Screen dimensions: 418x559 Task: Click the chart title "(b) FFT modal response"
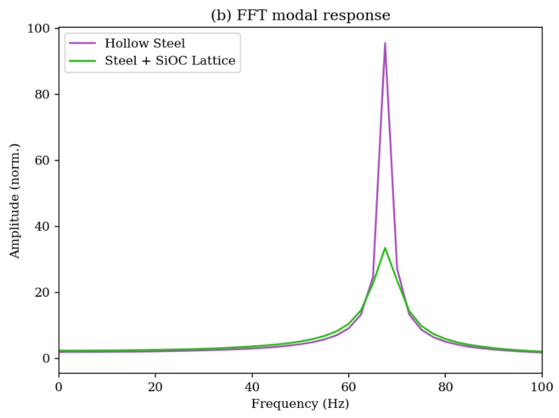tap(300, 15)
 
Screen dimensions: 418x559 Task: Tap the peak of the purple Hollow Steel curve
tap(385, 43)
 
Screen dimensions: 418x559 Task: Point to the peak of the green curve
tap(385, 248)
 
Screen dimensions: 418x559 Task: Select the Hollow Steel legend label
tap(145, 43)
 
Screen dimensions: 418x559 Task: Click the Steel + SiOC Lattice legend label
tap(170, 61)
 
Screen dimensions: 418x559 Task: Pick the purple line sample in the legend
tap(83, 43)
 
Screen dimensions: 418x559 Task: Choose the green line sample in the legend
tap(83, 61)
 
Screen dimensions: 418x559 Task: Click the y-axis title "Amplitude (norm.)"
tap(15, 201)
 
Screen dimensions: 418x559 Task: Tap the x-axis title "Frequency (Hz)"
tap(300, 404)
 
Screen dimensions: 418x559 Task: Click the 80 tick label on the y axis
tap(42, 94)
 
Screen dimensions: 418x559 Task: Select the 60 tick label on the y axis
tap(42, 160)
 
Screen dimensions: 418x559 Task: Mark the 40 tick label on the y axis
tap(42, 226)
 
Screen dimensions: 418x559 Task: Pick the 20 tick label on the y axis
tap(42, 292)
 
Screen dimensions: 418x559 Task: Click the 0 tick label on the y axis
tap(46, 358)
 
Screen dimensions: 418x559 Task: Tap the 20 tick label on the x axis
tap(155, 386)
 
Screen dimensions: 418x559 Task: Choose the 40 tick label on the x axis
tap(252, 386)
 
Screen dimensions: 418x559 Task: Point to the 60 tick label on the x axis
tap(349, 386)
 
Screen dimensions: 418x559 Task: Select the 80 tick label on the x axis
tap(445, 386)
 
